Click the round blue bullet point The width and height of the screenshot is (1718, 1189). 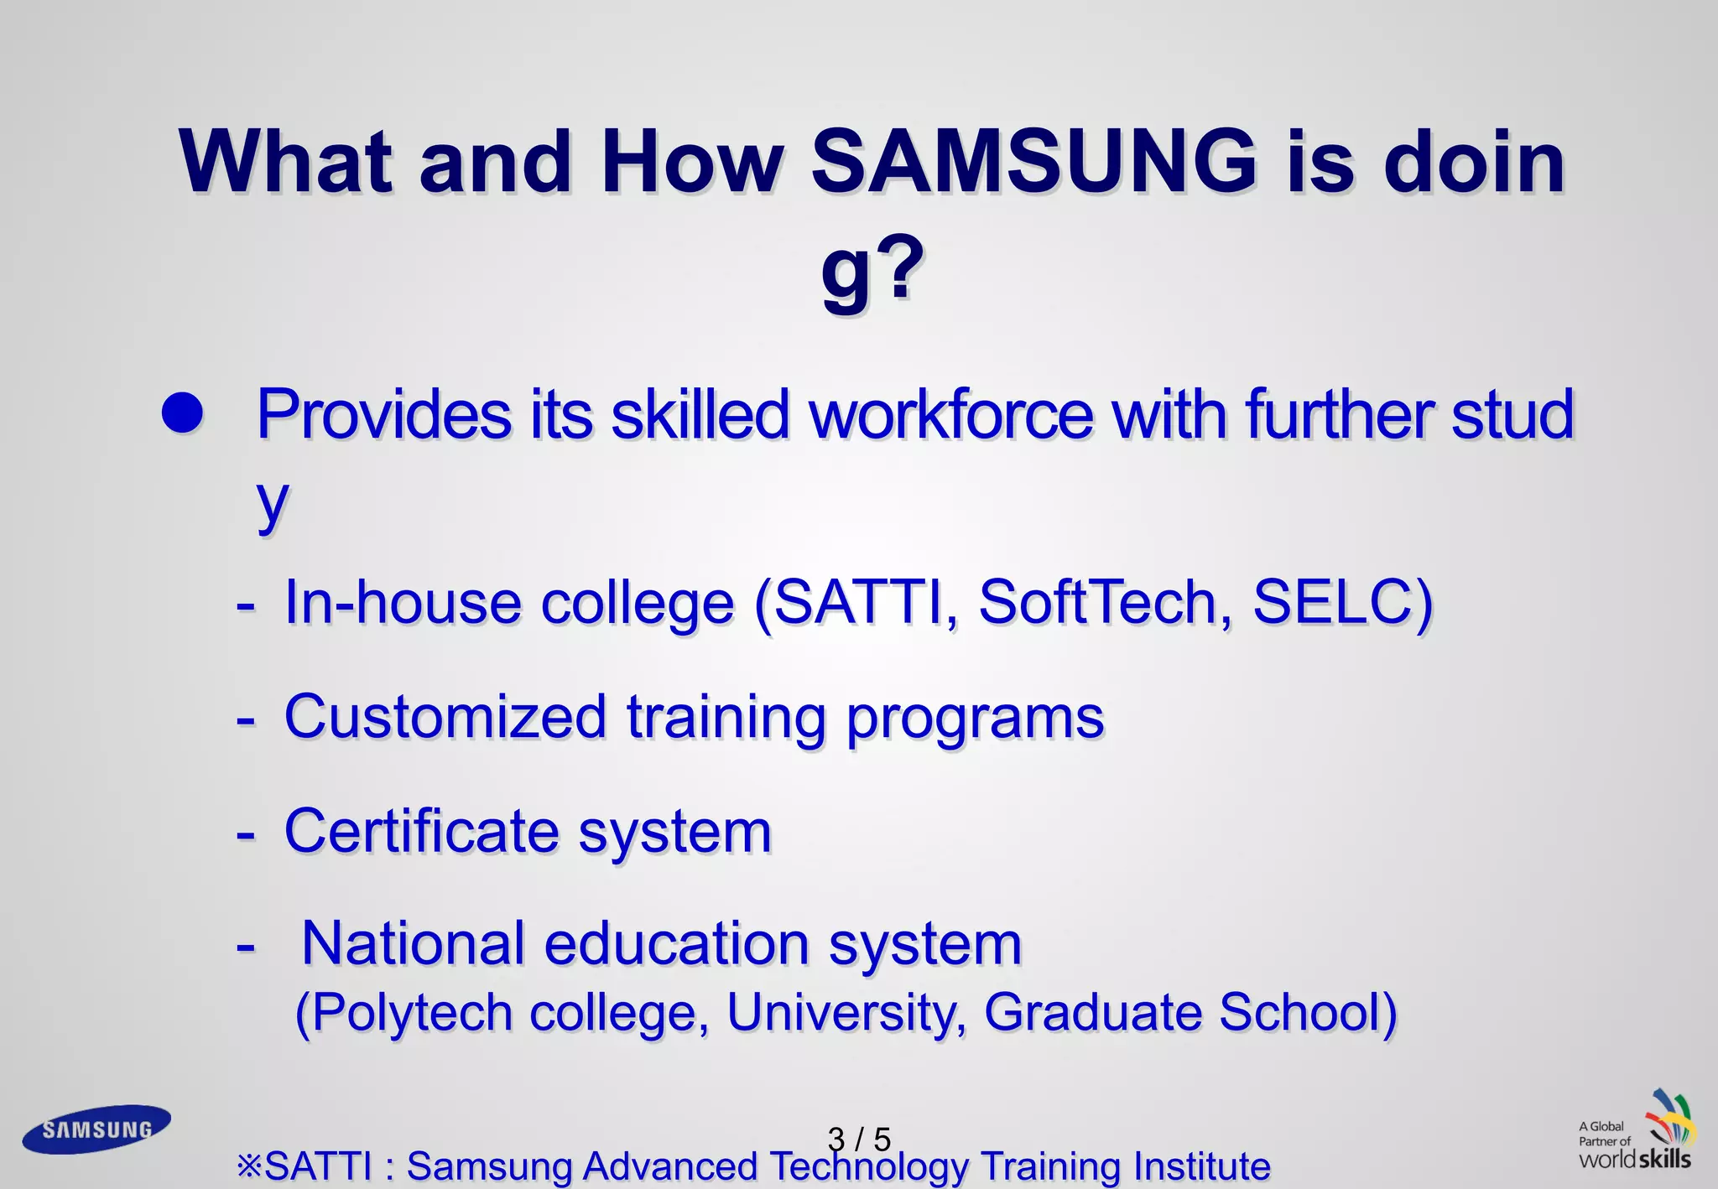pos(183,413)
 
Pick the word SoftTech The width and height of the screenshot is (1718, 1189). pos(1097,602)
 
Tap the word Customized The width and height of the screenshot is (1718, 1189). pos(445,717)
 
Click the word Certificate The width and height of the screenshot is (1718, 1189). pos(421,831)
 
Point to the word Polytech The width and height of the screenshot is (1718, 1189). pos(413,1013)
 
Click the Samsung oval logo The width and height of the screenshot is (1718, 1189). pos(96,1129)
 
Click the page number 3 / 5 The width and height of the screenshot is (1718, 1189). pos(858,1139)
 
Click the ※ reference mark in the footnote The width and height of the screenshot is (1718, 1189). pos(249,1166)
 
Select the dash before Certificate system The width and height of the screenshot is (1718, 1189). pos(246,833)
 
